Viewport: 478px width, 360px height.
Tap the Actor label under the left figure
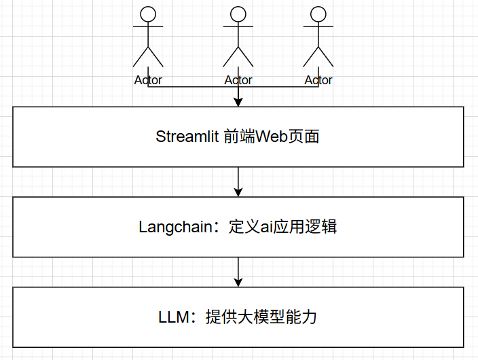148,80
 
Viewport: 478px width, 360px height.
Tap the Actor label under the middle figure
238,80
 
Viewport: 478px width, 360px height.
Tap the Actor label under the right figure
318,80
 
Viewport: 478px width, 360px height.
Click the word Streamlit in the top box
187,137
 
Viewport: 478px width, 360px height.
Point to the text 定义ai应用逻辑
283,227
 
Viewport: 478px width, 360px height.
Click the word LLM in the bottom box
172,317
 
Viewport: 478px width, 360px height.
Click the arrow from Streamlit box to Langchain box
238,181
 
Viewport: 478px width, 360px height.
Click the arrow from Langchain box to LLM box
238,271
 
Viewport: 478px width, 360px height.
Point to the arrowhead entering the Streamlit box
238,102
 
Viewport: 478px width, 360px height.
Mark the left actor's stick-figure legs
148,56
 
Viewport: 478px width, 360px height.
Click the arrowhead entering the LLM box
238,282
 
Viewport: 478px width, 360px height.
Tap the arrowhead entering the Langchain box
238,192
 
